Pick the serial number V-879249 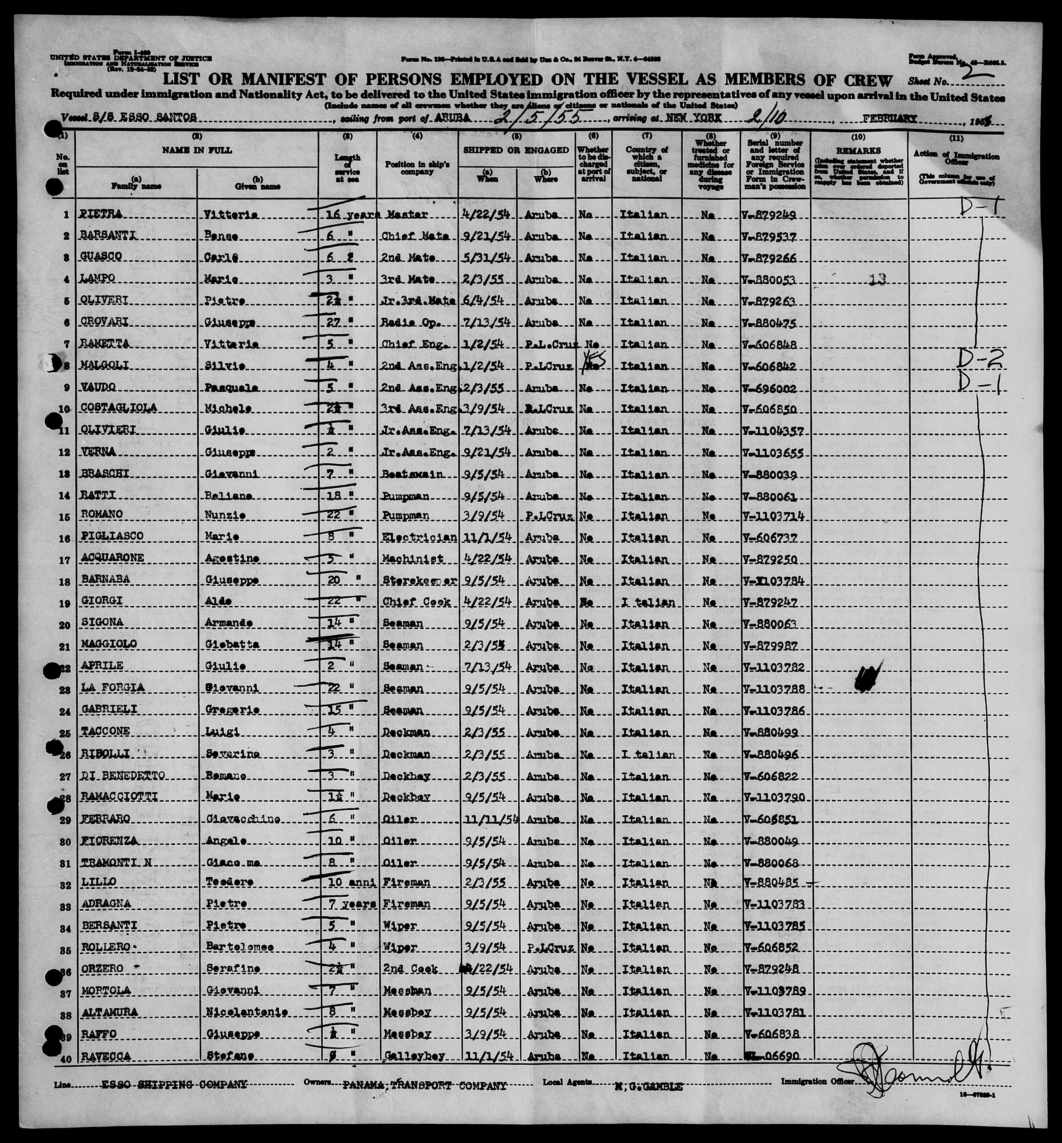769,214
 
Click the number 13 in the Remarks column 877,279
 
